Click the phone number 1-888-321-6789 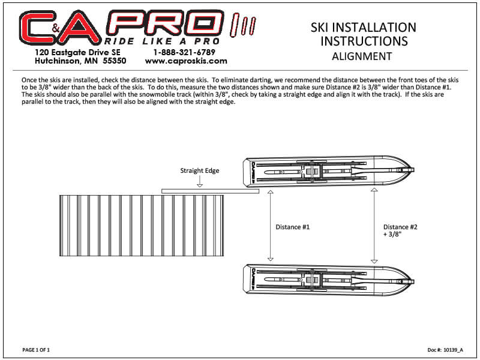[x=184, y=52]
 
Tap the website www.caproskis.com [x=186, y=61]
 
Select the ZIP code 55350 [x=115, y=61]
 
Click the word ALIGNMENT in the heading [x=362, y=56]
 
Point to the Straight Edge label [x=200, y=170]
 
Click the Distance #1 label [x=293, y=227]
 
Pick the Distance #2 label [x=400, y=227]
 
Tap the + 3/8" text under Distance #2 [x=392, y=234]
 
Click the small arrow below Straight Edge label [x=200, y=181]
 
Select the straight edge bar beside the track [x=211, y=191]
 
